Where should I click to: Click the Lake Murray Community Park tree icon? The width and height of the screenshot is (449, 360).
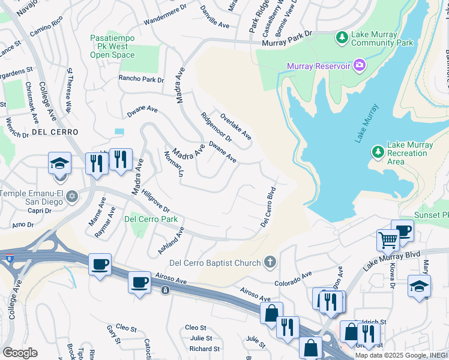click(342, 38)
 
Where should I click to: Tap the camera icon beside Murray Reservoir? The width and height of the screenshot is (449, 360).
click(360, 65)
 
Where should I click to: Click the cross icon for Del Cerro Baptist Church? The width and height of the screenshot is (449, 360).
click(270, 262)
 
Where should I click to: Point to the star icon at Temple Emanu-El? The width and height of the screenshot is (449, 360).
click(72, 197)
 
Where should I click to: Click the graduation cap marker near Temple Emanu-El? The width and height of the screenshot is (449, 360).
click(60, 163)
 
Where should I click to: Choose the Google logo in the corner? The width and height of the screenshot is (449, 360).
click(20, 352)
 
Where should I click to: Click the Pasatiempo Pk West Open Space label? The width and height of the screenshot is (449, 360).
click(112, 46)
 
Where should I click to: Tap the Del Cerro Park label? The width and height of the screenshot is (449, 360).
click(151, 219)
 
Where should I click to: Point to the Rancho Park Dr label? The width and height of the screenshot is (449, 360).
click(141, 79)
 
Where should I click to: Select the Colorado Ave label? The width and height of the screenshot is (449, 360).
click(294, 278)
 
